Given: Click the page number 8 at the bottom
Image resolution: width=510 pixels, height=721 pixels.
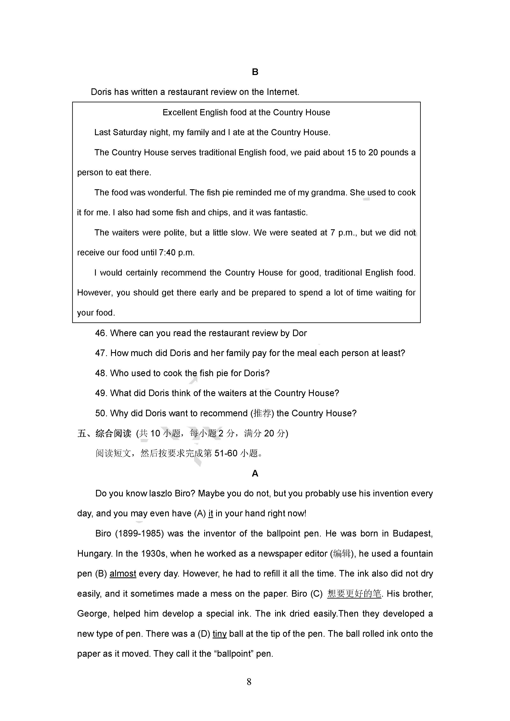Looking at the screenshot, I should (x=249, y=682).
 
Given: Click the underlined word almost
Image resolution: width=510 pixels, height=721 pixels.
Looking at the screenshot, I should (x=123, y=574).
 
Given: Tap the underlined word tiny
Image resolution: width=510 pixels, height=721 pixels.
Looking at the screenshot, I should (x=219, y=634).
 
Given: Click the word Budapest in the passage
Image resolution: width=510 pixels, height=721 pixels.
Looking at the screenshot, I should (x=413, y=534).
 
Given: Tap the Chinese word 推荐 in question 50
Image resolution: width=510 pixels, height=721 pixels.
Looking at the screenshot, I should (x=262, y=413).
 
